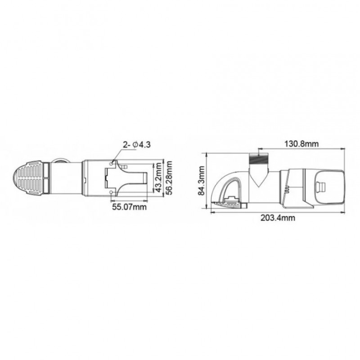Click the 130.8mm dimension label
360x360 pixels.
(x=301, y=144)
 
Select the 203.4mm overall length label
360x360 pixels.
(x=278, y=218)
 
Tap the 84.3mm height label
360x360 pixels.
(x=201, y=181)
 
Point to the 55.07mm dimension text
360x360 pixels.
(x=129, y=207)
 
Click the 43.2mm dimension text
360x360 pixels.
(x=157, y=176)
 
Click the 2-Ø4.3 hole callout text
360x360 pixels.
(x=137, y=144)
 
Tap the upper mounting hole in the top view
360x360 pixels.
(x=112, y=164)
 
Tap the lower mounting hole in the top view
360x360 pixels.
(x=112, y=191)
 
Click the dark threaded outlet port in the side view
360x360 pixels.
(x=259, y=159)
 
